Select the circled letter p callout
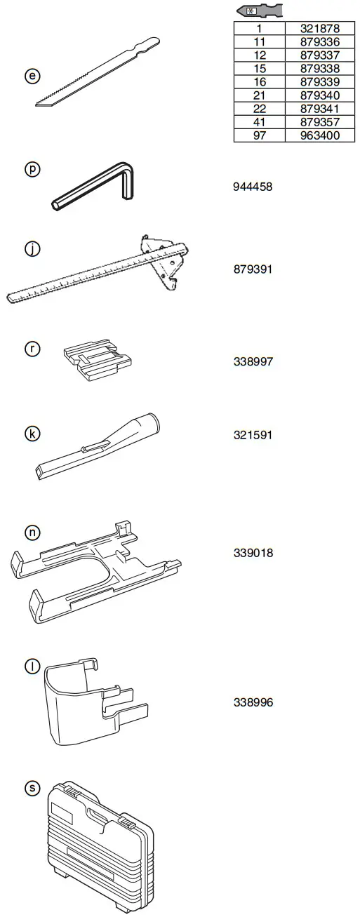[32, 169]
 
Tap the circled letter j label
[32, 249]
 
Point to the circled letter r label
[32, 349]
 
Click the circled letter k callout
[32, 434]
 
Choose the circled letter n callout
[32, 533]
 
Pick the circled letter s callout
[32, 789]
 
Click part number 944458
[253, 187]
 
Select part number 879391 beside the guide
[253, 269]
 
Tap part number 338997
[253, 362]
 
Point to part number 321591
[253, 435]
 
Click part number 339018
[253, 553]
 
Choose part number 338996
[253, 702]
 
